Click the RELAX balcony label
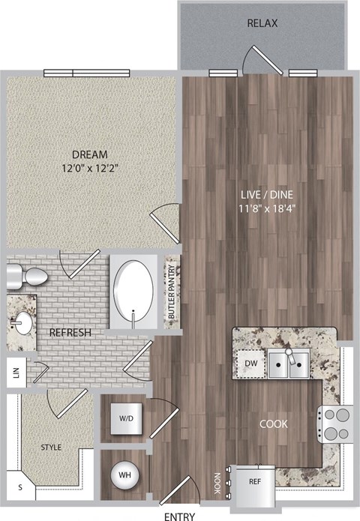click(262, 23)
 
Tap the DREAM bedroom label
click(92, 154)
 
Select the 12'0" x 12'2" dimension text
click(92, 169)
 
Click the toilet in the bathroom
click(22, 277)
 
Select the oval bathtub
click(134, 292)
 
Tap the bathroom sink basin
click(21, 323)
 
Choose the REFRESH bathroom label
click(70, 332)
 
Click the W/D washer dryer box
click(124, 418)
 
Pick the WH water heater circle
click(124, 475)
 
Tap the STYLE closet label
click(50, 448)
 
